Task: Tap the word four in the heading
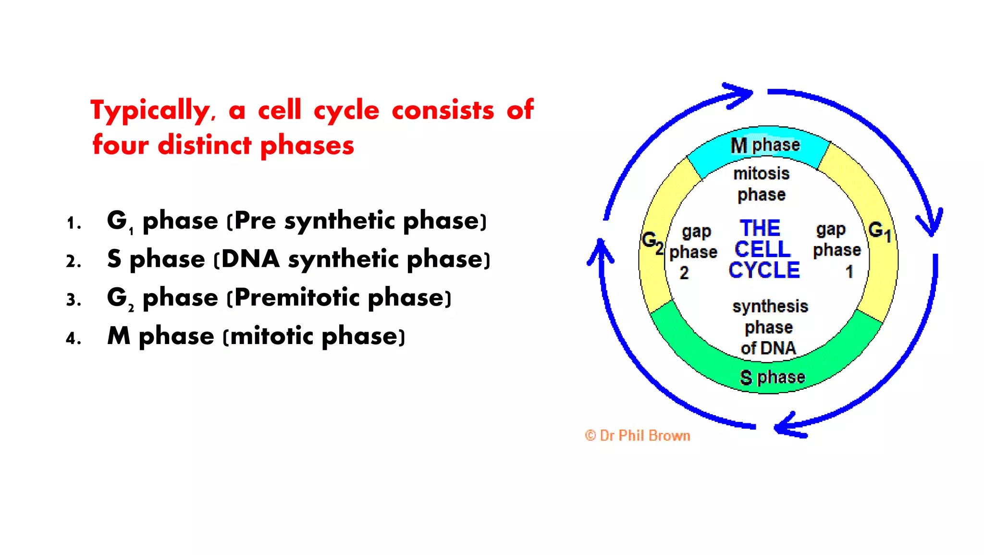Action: (121, 145)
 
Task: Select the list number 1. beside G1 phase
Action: (74, 223)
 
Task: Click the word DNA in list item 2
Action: (250, 259)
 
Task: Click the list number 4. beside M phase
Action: (74, 339)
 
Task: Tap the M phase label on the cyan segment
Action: (765, 145)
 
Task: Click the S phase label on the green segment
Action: (772, 377)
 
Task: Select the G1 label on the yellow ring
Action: (879, 231)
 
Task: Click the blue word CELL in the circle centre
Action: (763, 249)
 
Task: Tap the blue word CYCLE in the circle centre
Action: (764, 270)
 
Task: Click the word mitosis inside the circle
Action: (761, 173)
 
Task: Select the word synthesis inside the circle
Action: (770, 306)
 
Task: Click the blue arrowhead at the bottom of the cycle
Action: (788, 425)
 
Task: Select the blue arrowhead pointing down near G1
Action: (931, 223)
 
